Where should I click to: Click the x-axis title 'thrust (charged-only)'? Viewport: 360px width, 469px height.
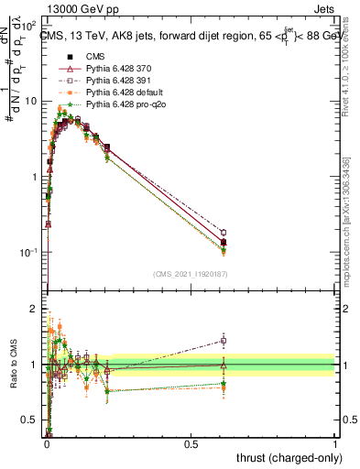pyautogui.click(x=288, y=457)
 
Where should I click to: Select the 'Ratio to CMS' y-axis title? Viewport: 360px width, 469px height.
pyautogui.click(x=13, y=365)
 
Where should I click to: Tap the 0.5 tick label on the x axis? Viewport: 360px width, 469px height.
pyautogui.click(x=191, y=443)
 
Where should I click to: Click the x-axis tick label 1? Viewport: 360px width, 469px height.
pyautogui.click(x=335, y=443)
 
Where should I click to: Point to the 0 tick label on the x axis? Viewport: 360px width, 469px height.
pyautogui.click(x=46, y=443)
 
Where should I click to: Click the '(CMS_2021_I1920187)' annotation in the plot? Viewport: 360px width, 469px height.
pyautogui.click(x=190, y=273)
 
